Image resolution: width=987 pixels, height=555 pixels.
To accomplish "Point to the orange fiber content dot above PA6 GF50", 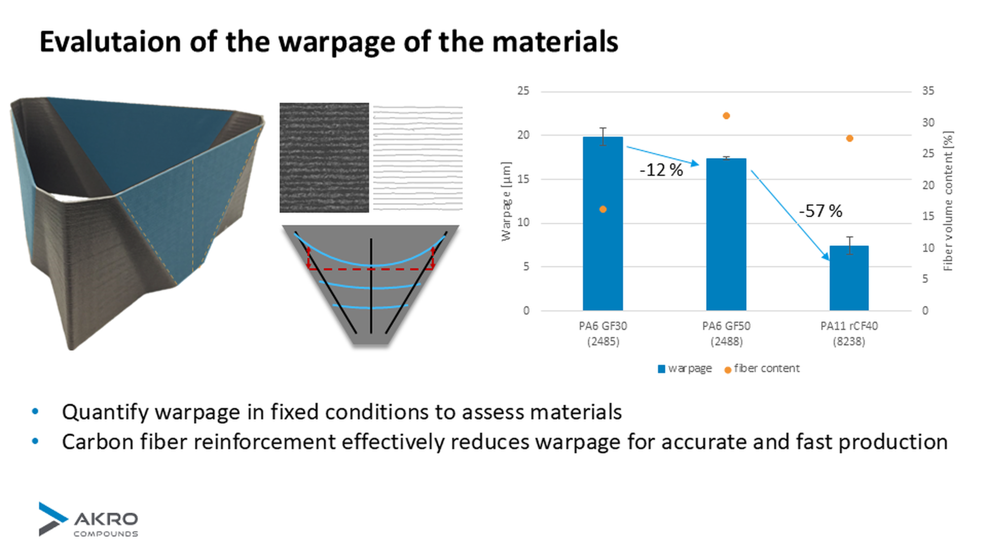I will (726, 116).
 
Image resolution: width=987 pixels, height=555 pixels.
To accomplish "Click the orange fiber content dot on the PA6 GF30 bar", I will (603, 209).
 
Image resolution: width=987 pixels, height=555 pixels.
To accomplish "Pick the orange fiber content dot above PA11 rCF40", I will (849, 138).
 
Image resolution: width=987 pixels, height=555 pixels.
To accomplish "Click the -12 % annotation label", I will (661, 170).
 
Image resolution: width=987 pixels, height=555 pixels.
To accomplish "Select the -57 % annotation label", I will (820, 211).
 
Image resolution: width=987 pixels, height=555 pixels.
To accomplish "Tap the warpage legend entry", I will (685, 368).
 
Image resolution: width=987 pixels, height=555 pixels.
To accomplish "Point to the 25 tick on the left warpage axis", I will (523, 91).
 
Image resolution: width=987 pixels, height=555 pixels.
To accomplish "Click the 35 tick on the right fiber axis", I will (928, 91).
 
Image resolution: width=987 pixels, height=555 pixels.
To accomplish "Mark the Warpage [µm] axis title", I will (506, 201).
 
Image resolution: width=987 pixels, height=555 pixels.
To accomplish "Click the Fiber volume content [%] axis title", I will (948, 201).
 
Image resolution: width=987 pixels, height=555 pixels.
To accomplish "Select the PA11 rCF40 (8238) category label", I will (849, 334).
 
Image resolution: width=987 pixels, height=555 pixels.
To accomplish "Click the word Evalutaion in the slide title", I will (110, 42).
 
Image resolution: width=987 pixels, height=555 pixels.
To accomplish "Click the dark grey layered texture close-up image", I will (324, 157).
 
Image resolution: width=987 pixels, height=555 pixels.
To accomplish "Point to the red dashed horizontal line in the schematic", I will (371, 269).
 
